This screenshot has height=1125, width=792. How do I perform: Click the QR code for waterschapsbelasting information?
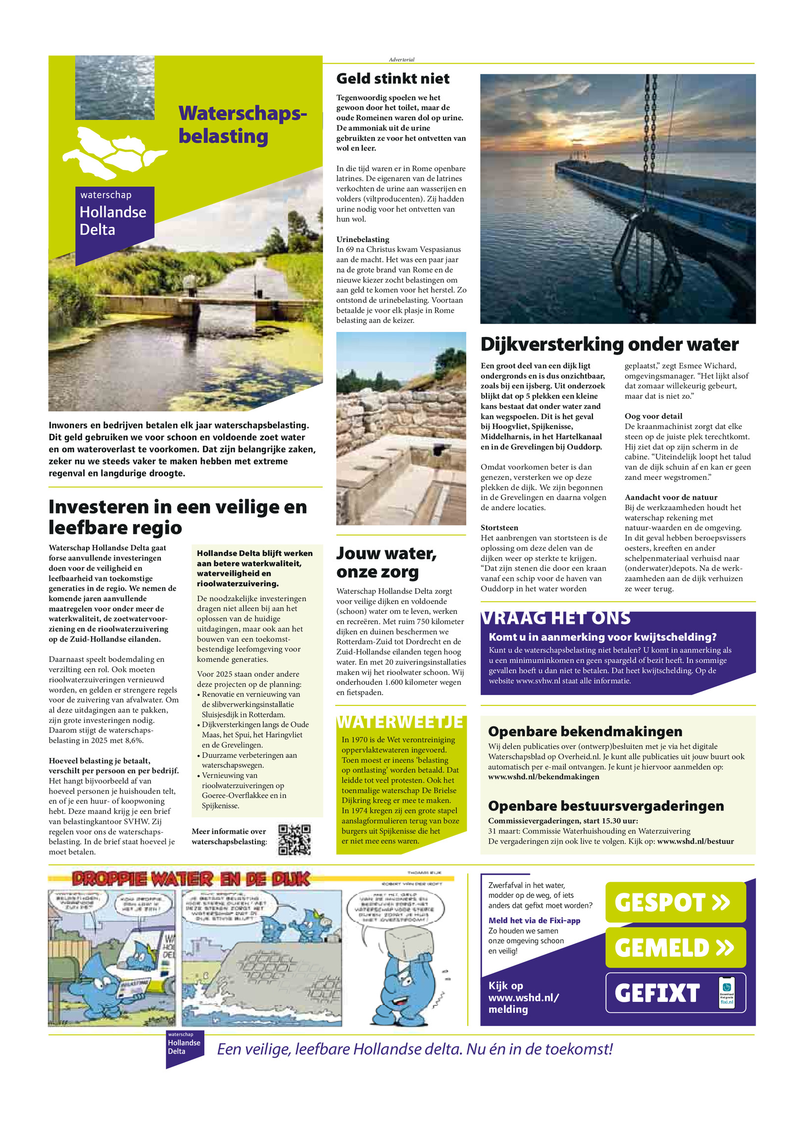pyautogui.click(x=294, y=839)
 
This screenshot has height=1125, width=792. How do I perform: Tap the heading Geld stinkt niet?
pyautogui.click(x=393, y=79)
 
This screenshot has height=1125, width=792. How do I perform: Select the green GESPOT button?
pyautogui.click(x=675, y=902)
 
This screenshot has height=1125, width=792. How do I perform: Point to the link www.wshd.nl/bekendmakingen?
pyautogui.click(x=543, y=777)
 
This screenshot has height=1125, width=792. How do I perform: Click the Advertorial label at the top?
pyautogui.click(x=401, y=59)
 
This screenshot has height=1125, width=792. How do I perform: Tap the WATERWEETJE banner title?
pyautogui.click(x=400, y=722)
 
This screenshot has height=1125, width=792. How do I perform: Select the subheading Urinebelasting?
pyautogui.click(x=363, y=239)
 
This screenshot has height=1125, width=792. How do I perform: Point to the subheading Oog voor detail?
pyautogui.click(x=653, y=416)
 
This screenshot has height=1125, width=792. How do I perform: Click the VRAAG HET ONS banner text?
pyautogui.click(x=556, y=618)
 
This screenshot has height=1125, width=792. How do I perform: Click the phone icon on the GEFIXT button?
pyautogui.click(x=726, y=992)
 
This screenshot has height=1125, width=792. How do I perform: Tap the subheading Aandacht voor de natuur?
pyautogui.click(x=671, y=497)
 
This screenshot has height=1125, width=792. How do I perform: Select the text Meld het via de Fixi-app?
pyautogui.click(x=534, y=920)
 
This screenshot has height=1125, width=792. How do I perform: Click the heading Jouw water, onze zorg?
pyautogui.click(x=386, y=562)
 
